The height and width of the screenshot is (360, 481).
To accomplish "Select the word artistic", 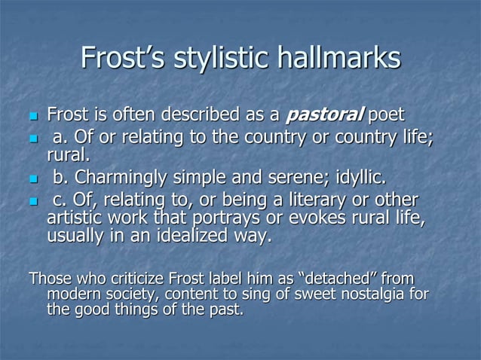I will click(x=76, y=219).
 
